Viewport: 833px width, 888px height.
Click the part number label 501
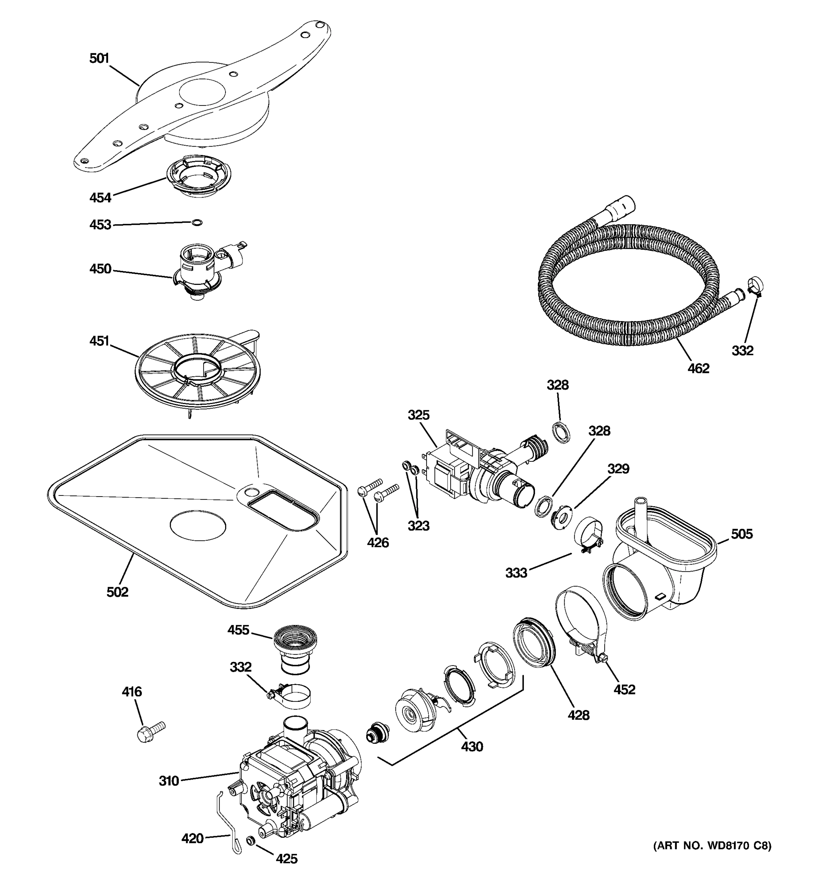(x=99, y=58)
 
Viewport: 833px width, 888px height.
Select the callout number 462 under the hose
(x=698, y=368)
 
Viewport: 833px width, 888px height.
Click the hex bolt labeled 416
(x=149, y=731)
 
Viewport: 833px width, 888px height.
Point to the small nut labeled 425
(x=251, y=840)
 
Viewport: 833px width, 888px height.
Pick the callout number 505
(x=742, y=534)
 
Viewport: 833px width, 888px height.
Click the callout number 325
(x=418, y=415)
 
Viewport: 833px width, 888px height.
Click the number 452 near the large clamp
(x=624, y=690)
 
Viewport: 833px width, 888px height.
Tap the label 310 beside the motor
(x=169, y=781)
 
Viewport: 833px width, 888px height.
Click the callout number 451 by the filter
(x=99, y=341)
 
